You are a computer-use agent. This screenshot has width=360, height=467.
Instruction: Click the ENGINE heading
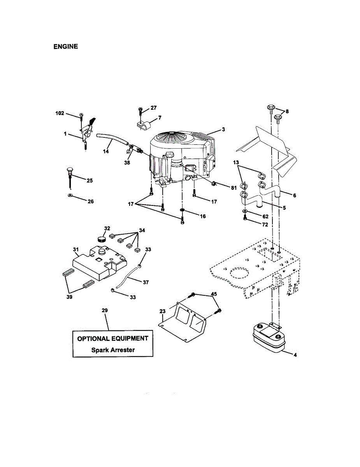65,46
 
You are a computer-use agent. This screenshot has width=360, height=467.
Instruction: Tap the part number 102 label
60,113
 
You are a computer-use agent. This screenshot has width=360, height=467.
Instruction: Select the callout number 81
234,188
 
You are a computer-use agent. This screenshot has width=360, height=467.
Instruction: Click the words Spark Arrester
113,350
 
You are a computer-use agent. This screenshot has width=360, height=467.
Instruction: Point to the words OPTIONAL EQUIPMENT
113,338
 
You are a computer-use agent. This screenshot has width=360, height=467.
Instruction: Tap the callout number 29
104,310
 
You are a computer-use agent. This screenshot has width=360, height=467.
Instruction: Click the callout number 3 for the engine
223,129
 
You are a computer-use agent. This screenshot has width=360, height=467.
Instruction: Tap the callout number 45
214,294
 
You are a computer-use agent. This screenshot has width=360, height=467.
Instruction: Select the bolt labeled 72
245,219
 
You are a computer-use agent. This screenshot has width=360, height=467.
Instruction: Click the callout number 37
146,283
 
